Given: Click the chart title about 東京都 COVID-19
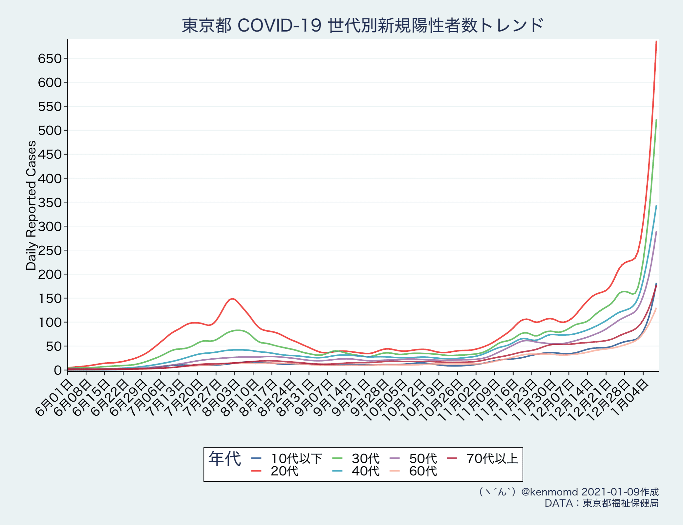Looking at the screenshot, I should click(x=363, y=25).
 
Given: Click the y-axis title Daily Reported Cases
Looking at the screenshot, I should click(x=31, y=205).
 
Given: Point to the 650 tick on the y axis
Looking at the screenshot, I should click(x=50, y=59).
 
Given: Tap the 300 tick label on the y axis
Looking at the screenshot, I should click(x=50, y=227).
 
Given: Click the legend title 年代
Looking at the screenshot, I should click(x=224, y=459).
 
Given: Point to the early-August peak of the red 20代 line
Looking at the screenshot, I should click(x=232, y=299).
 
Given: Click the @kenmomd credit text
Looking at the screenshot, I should click(x=568, y=492).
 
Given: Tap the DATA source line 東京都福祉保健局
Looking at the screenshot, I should click(x=602, y=503).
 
